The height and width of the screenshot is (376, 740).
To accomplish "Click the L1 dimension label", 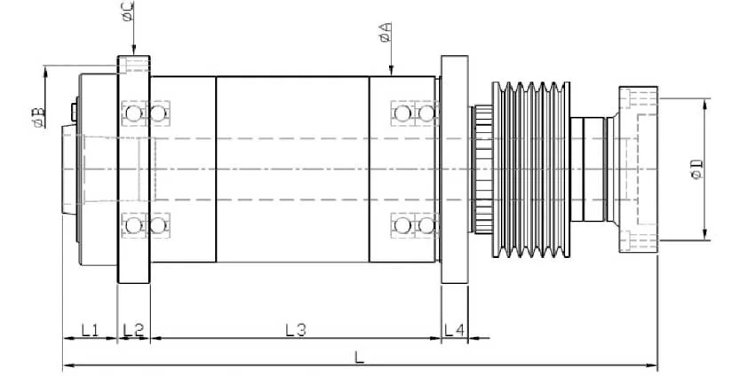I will click(89, 330).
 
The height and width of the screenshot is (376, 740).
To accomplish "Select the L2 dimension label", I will click(133, 330).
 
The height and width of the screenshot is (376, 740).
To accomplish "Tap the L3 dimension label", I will click(296, 330).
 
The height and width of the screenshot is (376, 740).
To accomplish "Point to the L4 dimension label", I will click(454, 330).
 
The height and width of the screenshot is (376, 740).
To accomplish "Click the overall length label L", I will click(359, 356).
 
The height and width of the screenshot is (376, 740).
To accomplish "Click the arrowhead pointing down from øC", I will click(132, 51).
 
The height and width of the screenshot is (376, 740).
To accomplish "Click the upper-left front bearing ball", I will click(134, 114).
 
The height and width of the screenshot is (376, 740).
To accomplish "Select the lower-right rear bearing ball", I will click(426, 225).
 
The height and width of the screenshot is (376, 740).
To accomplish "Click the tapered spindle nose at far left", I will click(70, 168).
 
